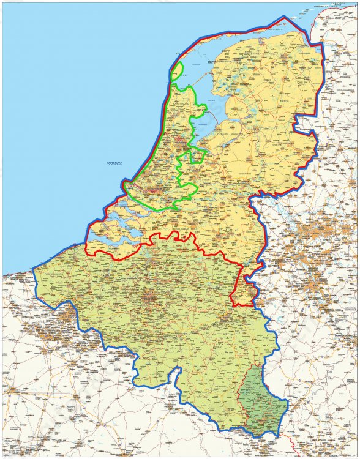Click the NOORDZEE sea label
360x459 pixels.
(x=115, y=163)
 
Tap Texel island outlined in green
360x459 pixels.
(x=176, y=72)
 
